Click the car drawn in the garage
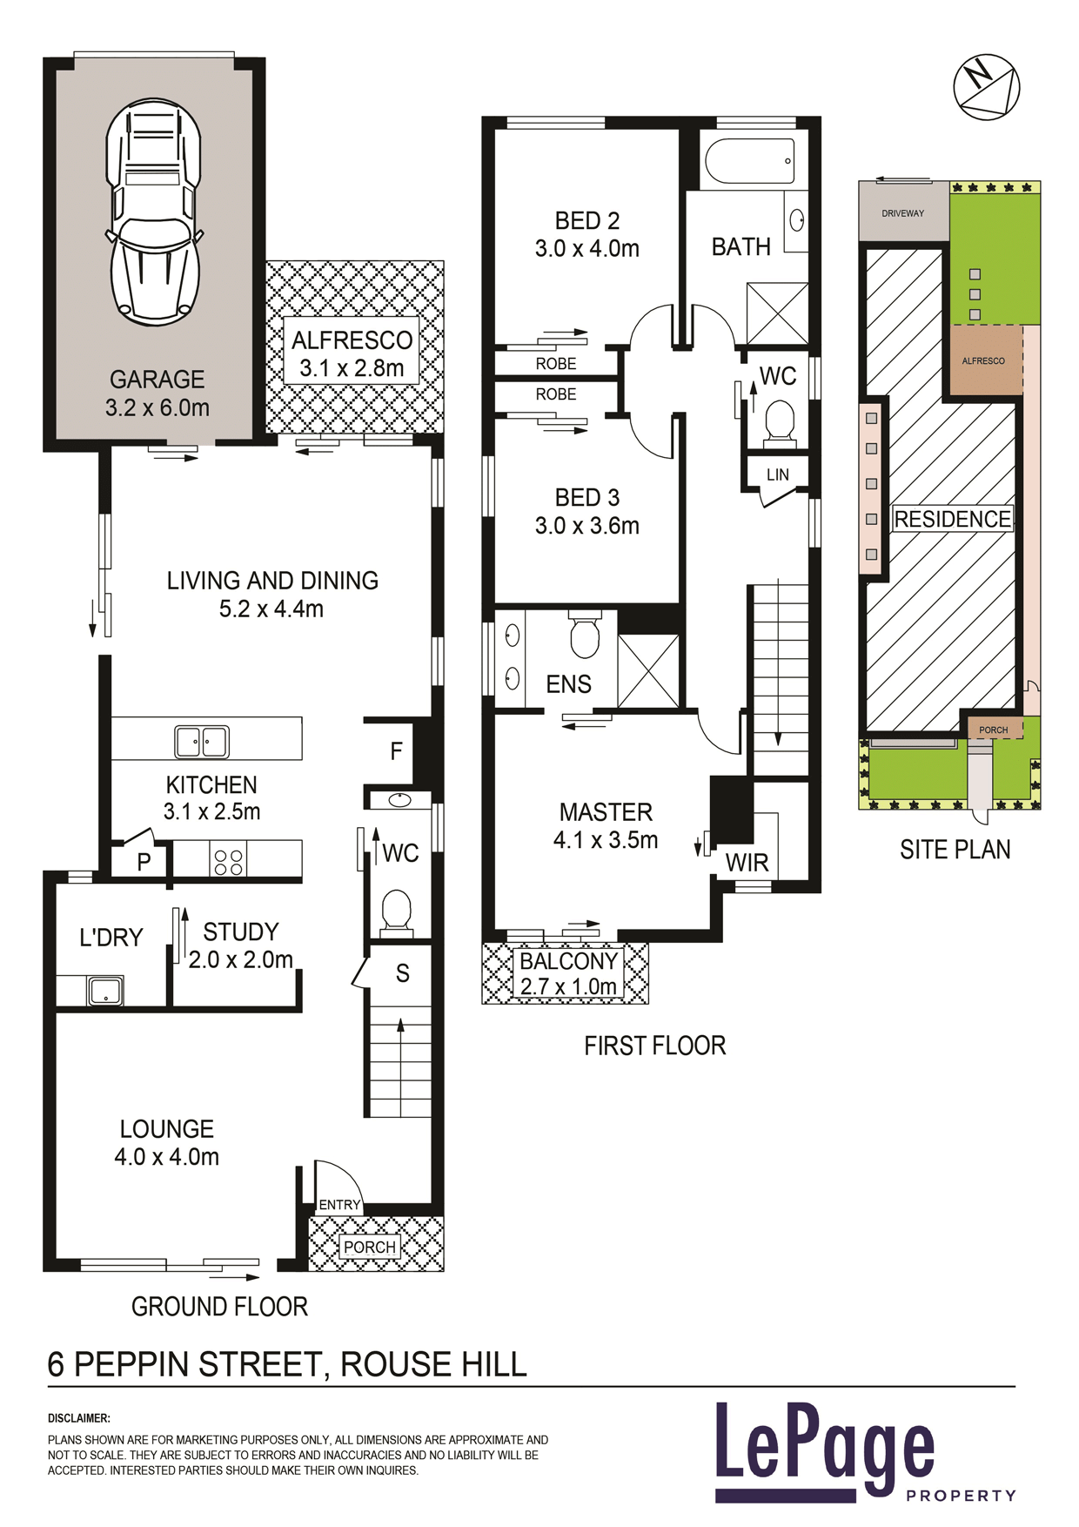pyautogui.click(x=154, y=212)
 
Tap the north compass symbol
pyautogui.click(x=986, y=87)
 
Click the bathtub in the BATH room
pyautogui.click(x=749, y=161)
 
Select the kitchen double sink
pyautogui.click(x=202, y=742)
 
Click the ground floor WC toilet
pyautogui.click(x=397, y=912)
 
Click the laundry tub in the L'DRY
pyautogui.click(x=105, y=991)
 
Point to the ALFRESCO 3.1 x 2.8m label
pyautogui.click(x=352, y=353)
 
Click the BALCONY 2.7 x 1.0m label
pyautogui.click(x=568, y=973)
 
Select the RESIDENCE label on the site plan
pyautogui.click(x=953, y=519)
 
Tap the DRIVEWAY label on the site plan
pyautogui.click(x=902, y=213)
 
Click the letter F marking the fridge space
pyautogui.click(x=396, y=751)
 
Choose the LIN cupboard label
pyautogui.click(x=778, y=474)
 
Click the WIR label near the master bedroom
pyautogui.click(x=747, y=863)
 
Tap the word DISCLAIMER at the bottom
pyautogui.click(x=79, y=1418)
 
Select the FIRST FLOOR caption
pyautogui.click(x=655, y=1046)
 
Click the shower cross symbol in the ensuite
pyautogui.click(x=648, y=671)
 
